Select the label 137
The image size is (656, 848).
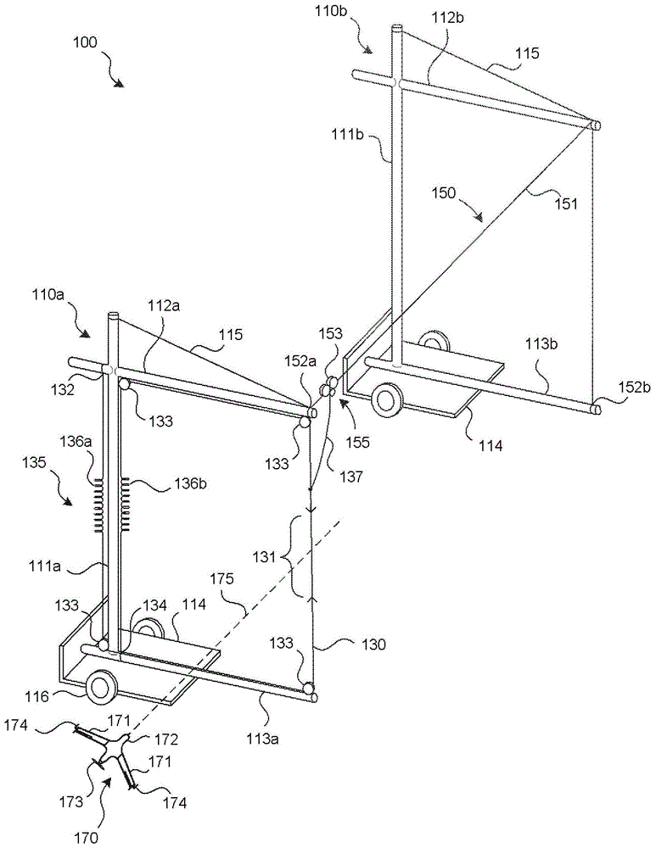tap(350, 477)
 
